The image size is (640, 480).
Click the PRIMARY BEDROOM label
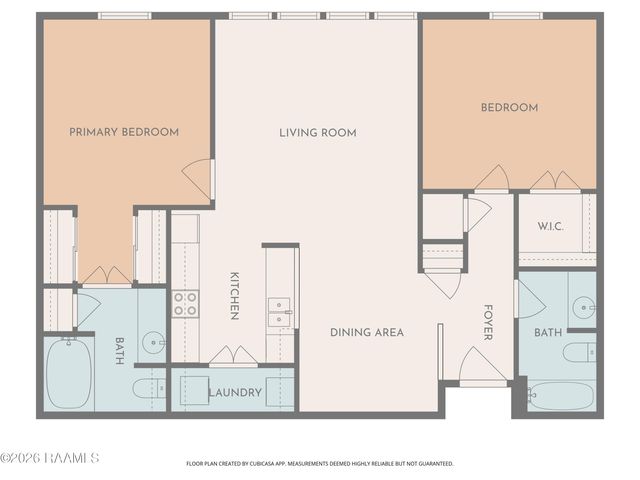[124, 132]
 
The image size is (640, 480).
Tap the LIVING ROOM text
[317, 132]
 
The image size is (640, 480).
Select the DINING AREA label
[368, 332]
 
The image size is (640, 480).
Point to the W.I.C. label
[550, 226]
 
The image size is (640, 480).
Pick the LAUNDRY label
[235, 393]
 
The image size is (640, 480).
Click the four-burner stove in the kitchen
[185, 303]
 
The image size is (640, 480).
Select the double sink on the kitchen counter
[279, 312]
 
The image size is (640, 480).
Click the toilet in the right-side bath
[579, 352]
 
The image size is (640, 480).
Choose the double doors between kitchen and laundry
[233, 358]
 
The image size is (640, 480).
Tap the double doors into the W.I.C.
[554, 183]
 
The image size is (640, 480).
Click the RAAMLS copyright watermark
[50, 458]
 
